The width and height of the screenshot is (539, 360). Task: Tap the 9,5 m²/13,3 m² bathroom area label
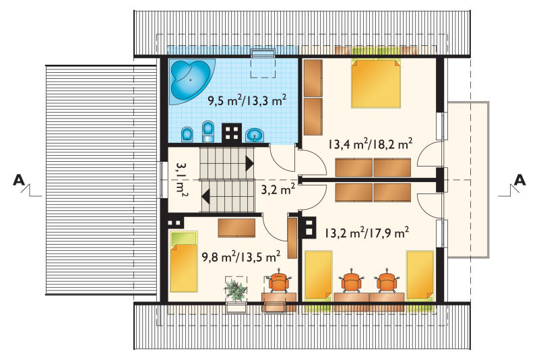click(247, 100)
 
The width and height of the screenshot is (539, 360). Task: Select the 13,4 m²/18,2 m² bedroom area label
click(369, 144)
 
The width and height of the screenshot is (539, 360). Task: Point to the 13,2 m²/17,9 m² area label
click(367, 233)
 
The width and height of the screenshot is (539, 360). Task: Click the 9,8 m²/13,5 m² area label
click(241, 256)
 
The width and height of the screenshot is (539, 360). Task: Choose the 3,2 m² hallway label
click(278, 189)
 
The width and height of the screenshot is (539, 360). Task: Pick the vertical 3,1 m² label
click(182, 180)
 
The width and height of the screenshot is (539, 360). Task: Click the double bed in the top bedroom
click(376, 84)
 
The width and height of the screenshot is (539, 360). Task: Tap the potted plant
click(235, 290)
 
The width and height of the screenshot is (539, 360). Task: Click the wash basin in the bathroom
click(255, 135)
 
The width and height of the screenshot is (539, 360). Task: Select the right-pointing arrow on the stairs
click(249, 163)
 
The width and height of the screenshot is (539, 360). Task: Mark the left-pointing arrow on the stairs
click(206, 197)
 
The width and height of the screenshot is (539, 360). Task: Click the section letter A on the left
click(20, 180)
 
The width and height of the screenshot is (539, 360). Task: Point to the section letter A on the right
click(519, 180)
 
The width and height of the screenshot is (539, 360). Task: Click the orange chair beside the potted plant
click(278, 281)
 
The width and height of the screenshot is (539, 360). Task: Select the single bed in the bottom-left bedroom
click(184, 262)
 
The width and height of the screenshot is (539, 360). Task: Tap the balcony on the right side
click(468, 179)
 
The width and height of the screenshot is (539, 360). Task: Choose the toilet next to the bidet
click(208, 131)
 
